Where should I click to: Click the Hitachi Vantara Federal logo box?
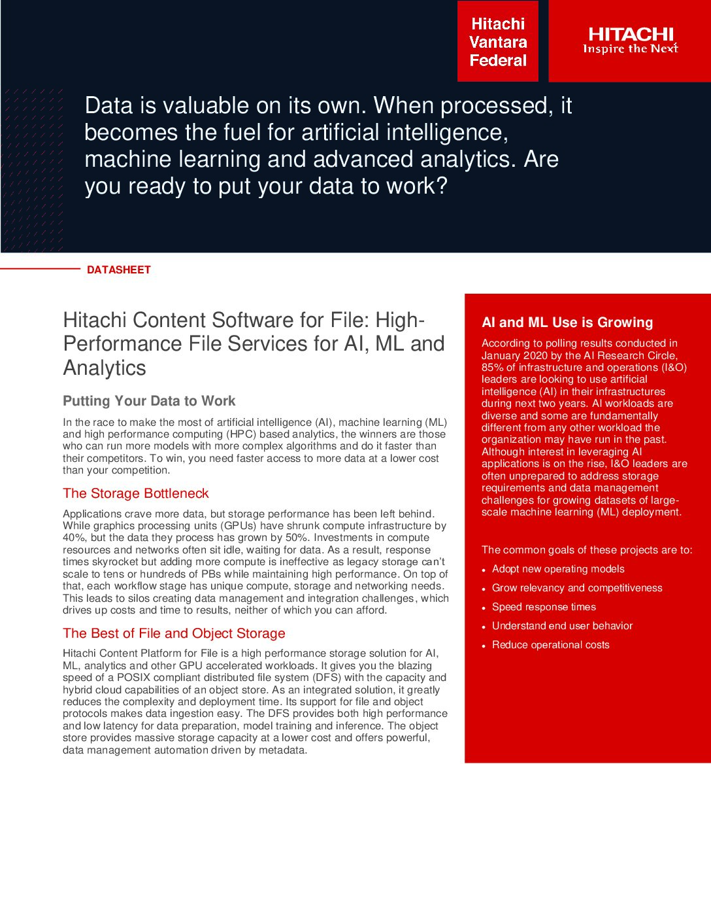click(498, 42)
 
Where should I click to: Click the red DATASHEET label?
click(119, 269)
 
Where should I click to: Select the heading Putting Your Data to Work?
click(149, 401)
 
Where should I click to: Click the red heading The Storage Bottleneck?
click(136, 493)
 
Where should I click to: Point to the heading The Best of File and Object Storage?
click(174, 633)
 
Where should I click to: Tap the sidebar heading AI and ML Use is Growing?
click(567, 322)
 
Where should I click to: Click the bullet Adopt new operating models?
click(558, 569)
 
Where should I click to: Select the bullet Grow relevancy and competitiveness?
click(577, 588)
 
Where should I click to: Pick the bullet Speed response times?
click(544, 607)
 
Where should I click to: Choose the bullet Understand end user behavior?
click(562, 626)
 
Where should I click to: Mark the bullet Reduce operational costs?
click(550, 645)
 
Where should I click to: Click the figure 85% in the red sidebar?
click(493, 368)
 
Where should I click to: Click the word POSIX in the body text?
click(133, 678)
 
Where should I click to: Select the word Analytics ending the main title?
click(105, 368)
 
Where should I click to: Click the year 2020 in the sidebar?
click(535, 356)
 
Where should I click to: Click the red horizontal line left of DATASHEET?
click(39, 269)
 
